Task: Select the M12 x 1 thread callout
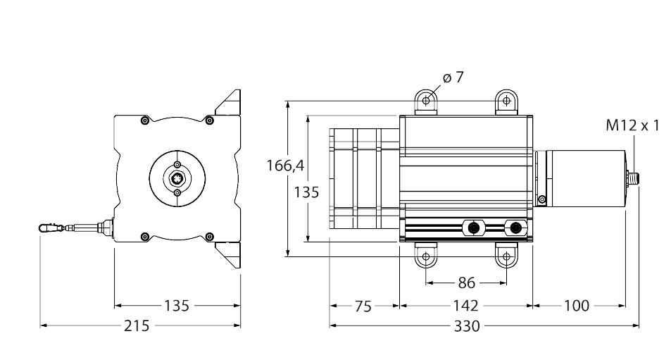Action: (633, 126)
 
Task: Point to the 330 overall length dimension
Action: (465, 326)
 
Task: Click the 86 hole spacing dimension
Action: (465, 283)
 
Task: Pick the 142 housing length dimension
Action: (465, 306)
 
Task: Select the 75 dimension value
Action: (363, 306)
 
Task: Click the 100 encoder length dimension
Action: (577, 306)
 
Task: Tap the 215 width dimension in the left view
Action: (137, 326)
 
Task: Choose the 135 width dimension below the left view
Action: (177, 306)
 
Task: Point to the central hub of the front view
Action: (177, 179)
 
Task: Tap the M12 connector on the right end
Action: (633, 178)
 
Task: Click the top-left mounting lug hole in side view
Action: (425, 101)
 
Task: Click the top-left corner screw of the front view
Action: (144, 120)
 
